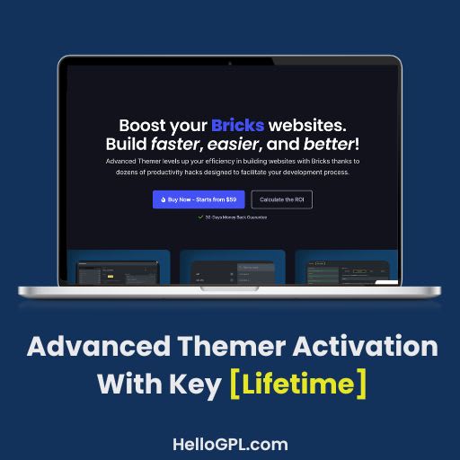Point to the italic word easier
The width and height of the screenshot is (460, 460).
242,144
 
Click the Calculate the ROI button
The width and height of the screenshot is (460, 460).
281,199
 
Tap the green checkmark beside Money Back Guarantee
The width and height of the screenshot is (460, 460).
199,217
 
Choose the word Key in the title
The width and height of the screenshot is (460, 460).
197,384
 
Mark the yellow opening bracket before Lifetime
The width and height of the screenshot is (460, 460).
234,384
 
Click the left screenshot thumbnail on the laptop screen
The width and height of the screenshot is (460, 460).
119,266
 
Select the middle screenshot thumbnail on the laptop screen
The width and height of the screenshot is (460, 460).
232,266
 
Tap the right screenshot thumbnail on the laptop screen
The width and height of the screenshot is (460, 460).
345,266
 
